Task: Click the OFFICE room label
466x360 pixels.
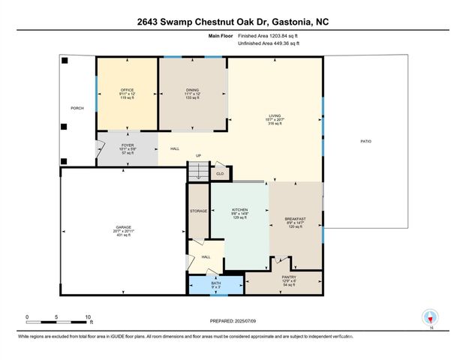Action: pyautogui.click(x=127, y=90)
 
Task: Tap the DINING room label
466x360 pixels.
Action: pyautogui.click(x=192, y=90)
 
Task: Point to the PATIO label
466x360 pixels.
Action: pyautogui.click(x=365, y=141)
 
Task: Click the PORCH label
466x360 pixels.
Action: pyautogui.click(x=77, y=108)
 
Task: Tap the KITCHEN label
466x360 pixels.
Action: pyautogui.click(x=239, y=211)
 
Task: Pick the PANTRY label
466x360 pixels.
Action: pyautogui.click(x=289, y=277)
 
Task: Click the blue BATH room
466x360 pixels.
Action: pyautogui.click(x=215, y=285)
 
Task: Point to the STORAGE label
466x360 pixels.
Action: pyautogui.click(x=198, y=211)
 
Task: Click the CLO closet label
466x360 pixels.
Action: pyautogui.click(x=220, y=173)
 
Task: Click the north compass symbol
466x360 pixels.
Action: pyautogui.click(x=430, y=317)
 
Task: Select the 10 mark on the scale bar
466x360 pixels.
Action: pyautogui.click(x=89, y=317)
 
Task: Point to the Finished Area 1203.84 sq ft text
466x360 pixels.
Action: pyautogui.click(x=268, y=35)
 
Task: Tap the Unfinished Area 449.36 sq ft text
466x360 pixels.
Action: pyautogui.click(x=268, y=44)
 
